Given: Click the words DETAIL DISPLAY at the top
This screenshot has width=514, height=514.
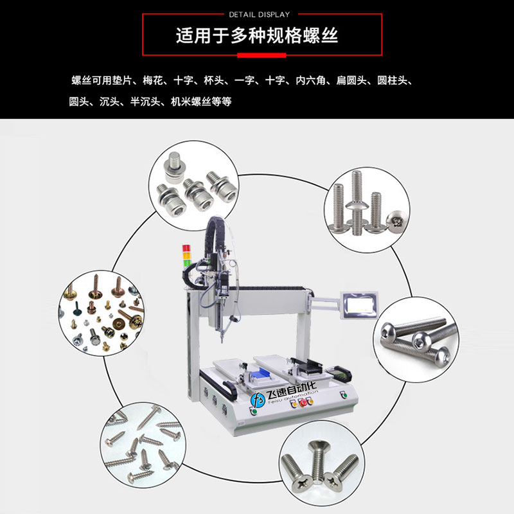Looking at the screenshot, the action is (x=260, y=15).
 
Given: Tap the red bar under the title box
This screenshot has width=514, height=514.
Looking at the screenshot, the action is (x=261, y=55).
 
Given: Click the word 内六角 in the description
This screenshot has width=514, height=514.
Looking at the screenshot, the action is (x=310, y=80).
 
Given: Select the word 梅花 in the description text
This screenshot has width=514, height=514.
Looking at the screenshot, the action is (x=153, y=80).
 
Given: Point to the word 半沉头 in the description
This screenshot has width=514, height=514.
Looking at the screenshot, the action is (x=145, y=102).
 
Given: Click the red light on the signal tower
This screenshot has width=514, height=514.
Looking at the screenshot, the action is (x=186, y=248).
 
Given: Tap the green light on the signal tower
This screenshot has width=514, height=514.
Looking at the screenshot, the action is (x=187, y=262).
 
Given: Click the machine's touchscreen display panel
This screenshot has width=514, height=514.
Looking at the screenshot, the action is (x=360, y=305).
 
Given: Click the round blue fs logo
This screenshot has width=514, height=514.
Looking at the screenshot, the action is (x=258, y=400).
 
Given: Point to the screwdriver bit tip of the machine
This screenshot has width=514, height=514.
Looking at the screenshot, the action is (x=222, y=341).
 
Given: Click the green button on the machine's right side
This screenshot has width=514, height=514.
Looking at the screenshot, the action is (x=344, y=394).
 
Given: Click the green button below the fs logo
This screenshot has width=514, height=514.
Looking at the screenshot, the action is (x=253, y=411).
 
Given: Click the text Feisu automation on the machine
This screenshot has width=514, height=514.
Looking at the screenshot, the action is (x=293, y=396).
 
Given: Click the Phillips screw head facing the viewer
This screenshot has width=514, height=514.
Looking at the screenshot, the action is (x=397, y=221).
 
